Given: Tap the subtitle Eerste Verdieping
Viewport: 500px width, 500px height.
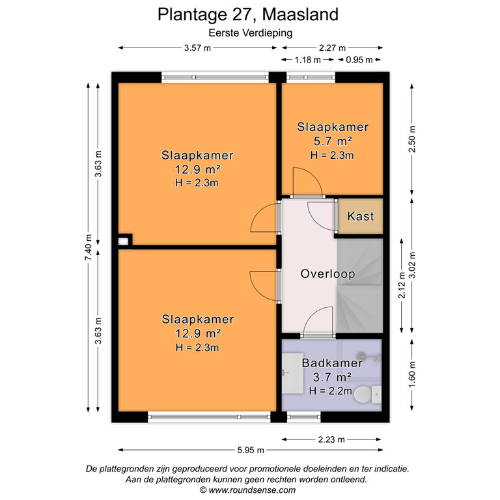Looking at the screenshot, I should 249,32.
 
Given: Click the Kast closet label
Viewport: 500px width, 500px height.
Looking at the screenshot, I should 361,216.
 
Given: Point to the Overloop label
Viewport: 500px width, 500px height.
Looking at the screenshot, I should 327,274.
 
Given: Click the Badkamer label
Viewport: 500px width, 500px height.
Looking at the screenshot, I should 331,363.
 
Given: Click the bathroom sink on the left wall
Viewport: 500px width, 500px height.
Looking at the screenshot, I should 290,374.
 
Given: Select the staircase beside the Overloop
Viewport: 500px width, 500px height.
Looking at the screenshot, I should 359,285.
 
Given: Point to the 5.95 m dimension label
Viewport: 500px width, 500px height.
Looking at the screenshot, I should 250,450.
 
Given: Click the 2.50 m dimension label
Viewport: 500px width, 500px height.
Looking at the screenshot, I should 411,141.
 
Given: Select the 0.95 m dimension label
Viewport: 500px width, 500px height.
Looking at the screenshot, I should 359,60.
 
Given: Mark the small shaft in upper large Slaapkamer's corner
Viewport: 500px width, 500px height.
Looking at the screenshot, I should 124,240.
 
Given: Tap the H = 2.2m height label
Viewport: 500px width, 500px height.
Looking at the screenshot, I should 331,391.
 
